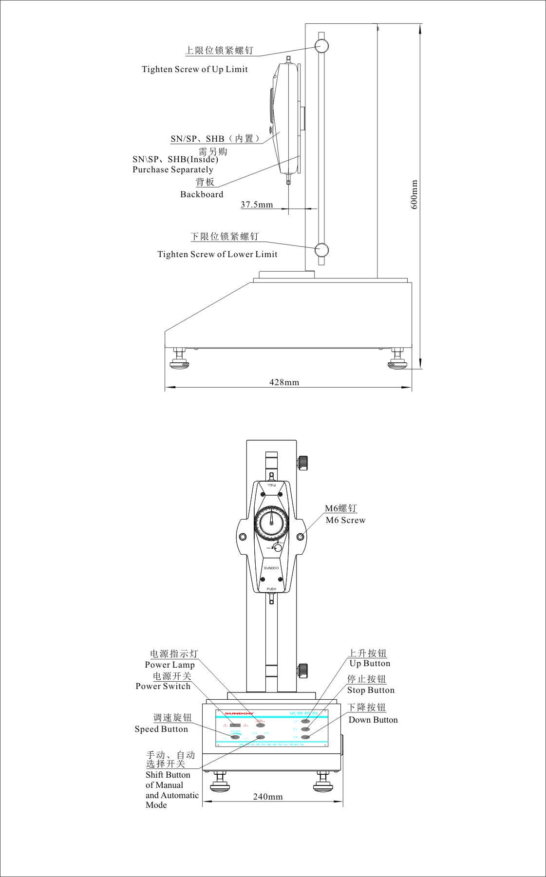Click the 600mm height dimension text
click(414, 194)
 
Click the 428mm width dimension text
click(284, 382)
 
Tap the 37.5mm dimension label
click(257, 205)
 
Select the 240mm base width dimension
click(268, 797)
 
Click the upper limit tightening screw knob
click(321, 46)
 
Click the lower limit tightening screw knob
click(321, 250)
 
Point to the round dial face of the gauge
click(271, 523)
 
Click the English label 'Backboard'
click(202, 194)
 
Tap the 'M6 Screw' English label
click(345, 520)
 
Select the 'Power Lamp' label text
click(169, 665)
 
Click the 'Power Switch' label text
click(163, 686)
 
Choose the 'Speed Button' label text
click(161, 729)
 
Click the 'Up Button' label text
click(370, 663)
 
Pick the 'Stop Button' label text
click(371, 690)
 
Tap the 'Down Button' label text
click(373, 720)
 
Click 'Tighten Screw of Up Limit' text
click(195, 69)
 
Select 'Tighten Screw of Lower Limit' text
click(217, 254)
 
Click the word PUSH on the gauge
click(271, 589)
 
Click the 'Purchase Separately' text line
click(173, 169)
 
